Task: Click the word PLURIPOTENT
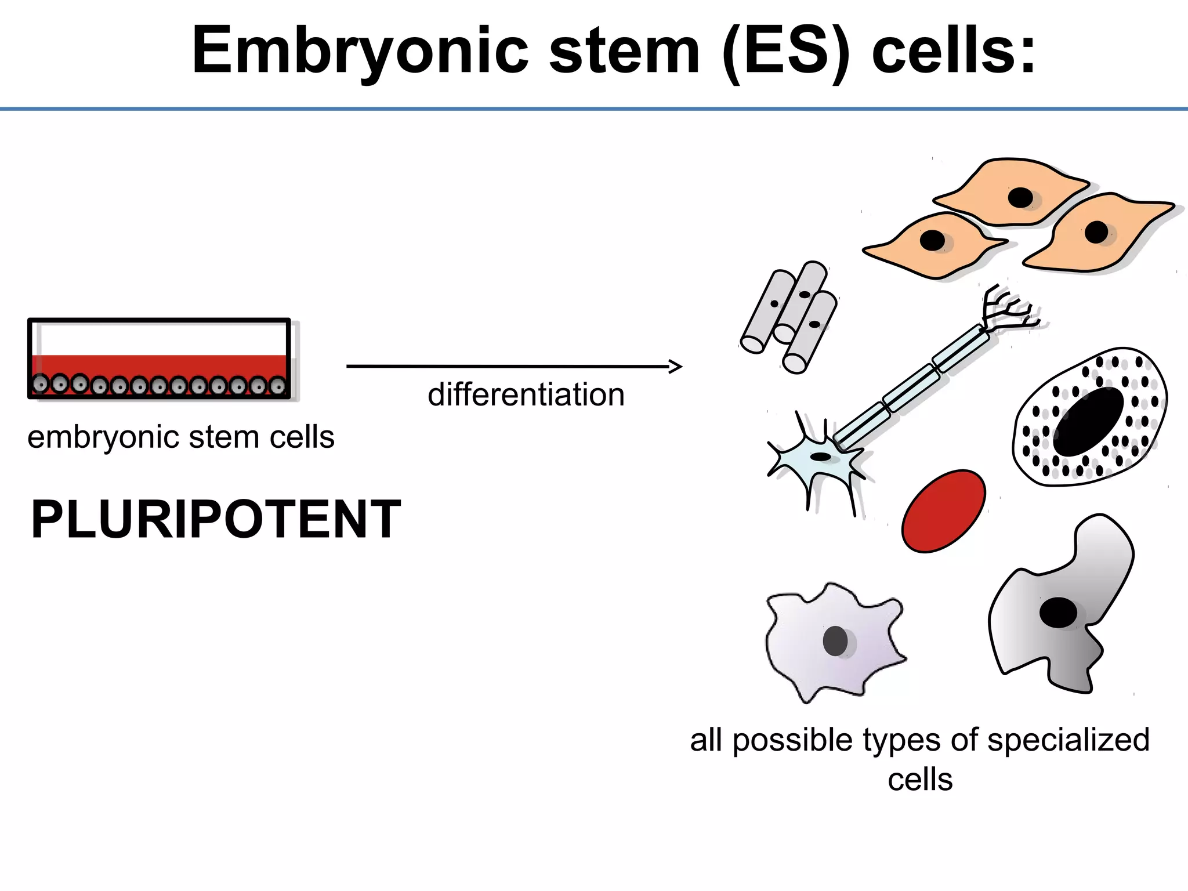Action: tap(216, 519)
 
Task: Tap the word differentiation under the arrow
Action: tap(526, 395)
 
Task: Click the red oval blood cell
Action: tap(943, 511)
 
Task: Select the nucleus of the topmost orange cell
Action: tap(1020, 198)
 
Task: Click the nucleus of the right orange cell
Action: tap(1096, 233)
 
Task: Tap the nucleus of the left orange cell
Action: tap(932, 240)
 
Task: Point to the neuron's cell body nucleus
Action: tap(820, 457)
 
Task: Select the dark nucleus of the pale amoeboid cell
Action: tap(835, 640)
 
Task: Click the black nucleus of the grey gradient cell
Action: tap(1058, 613)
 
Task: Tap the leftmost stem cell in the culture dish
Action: tap(41, 383)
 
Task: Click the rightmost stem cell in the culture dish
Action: tap(278, 385)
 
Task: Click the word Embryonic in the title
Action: tap(360, 51)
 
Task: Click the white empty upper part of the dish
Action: tap(162, 338)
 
